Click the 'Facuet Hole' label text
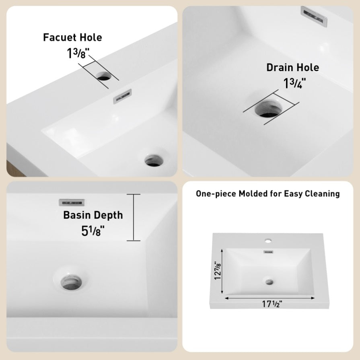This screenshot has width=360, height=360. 72,37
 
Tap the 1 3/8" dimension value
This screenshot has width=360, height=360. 78,53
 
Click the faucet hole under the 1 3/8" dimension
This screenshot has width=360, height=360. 104,76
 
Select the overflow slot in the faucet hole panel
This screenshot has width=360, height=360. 123,96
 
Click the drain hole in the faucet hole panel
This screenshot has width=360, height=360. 154,160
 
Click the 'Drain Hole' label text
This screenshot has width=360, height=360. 293,68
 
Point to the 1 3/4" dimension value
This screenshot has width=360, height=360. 295,83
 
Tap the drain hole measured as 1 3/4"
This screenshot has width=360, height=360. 268,108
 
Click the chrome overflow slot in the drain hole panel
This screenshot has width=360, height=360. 314,16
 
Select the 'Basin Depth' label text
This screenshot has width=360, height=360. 93,215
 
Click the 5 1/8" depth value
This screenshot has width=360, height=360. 93,231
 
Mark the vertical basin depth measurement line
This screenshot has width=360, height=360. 134,218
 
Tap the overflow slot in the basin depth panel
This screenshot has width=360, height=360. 72,203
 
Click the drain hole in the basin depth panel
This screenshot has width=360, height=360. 71,282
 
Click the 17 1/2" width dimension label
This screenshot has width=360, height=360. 272,304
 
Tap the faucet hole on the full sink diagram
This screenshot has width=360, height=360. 268,241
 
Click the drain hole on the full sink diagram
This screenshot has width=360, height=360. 269,282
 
